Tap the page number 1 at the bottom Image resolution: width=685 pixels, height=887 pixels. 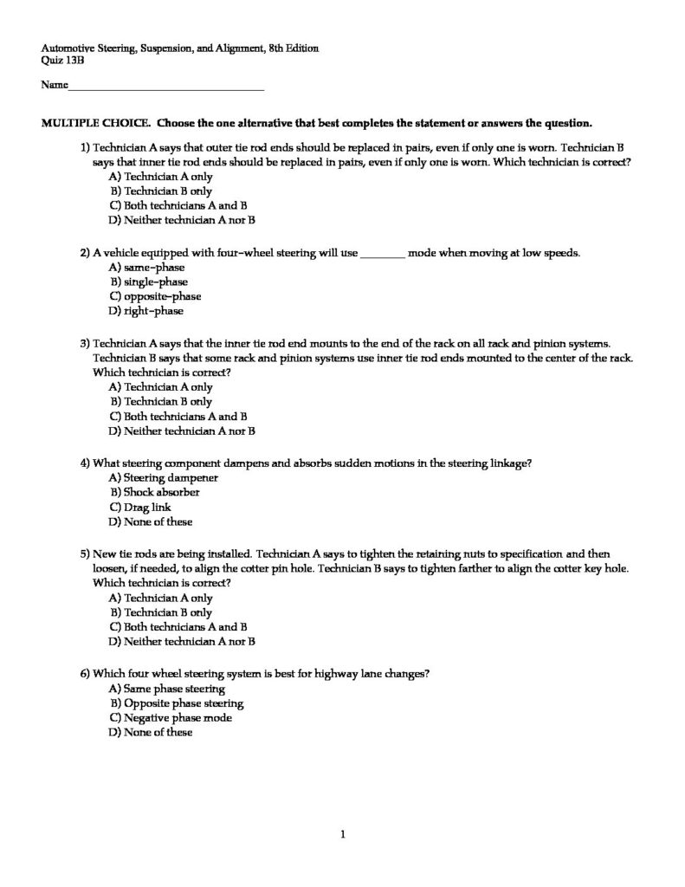[x=343, y=835]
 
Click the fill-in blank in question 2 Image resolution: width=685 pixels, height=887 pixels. [x=381, y=254]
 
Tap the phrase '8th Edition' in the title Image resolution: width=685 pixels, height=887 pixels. [x=293, y=49]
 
